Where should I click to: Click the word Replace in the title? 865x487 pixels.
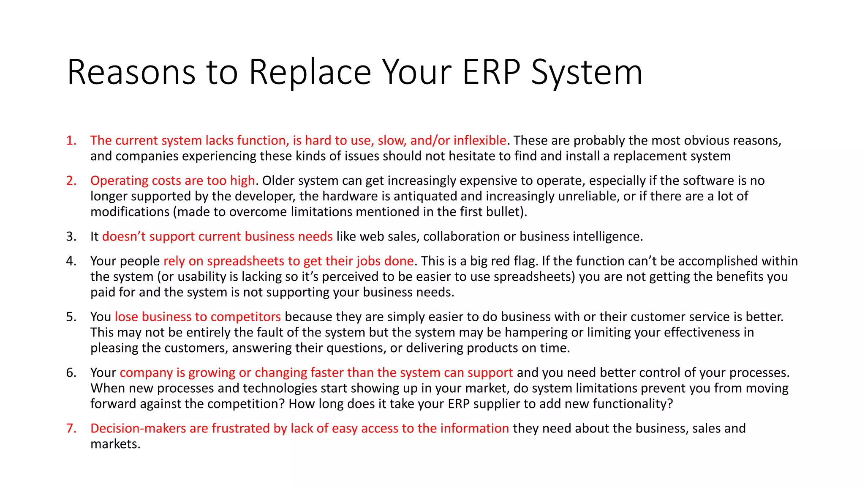pos(310,72)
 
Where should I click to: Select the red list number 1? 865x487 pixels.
pos(71,140)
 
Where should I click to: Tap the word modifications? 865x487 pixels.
pos(130,212)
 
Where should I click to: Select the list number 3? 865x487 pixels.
pos(71,236)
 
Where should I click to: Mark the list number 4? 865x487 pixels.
pos(71,261)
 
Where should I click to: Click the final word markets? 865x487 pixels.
pos(115,444)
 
